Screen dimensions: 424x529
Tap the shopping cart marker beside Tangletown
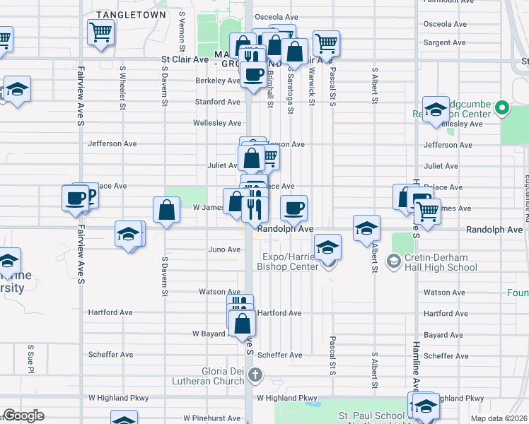(x=100, y=32)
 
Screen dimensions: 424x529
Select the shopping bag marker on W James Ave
(x=166, y=210)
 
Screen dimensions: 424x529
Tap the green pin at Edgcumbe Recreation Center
(x=502, y=109)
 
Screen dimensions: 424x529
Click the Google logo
(x=23, y=416)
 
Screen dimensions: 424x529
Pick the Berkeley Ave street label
(x=218, y=81)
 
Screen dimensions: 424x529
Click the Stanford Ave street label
(x=218, y=102)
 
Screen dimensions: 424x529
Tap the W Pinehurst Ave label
(x=212, y=418)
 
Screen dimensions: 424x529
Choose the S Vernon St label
(x=182, y=25)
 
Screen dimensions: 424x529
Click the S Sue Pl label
(x=31, y=359)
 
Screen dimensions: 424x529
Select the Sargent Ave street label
(x=444, y=43)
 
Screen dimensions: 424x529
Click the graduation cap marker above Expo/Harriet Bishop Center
(x=327, y=247)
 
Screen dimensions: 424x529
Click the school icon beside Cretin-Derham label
(x=393, y=262)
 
